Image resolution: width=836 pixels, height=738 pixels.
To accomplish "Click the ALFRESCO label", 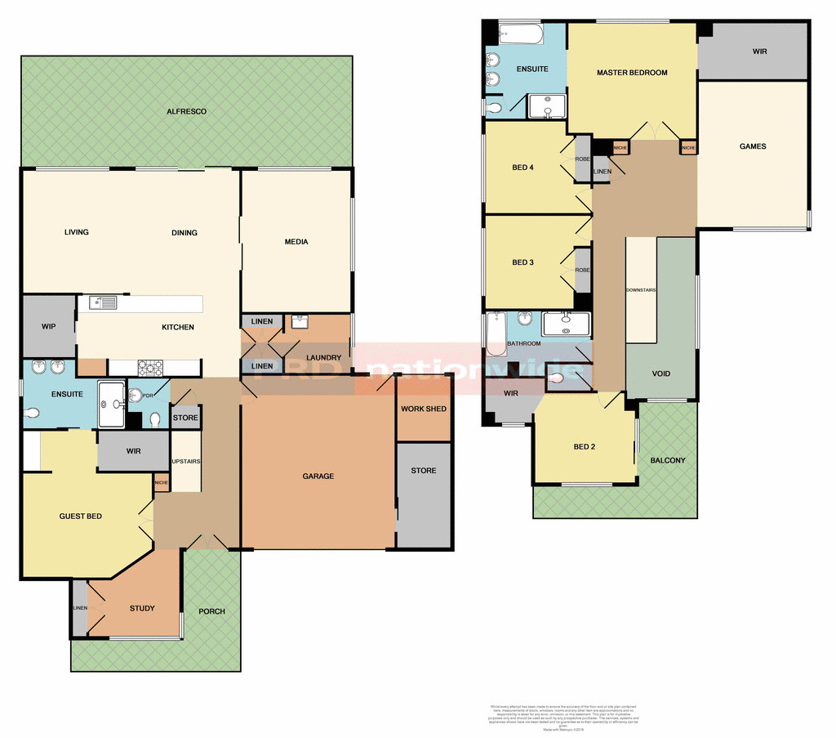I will tap(186, 111).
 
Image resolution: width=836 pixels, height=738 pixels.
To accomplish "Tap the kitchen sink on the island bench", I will tap(103, 302).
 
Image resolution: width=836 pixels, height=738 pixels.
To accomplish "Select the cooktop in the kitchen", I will tap(149, 368).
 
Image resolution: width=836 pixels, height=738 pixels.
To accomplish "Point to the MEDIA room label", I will tap(296, 242).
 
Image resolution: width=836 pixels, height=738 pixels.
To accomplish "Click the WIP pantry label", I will tap(48, 327).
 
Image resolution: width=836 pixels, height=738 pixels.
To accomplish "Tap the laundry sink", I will tap(298, 320).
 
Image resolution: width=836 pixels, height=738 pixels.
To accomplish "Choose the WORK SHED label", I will tap(423, 409).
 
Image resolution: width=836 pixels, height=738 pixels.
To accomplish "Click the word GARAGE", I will tap(318, 476).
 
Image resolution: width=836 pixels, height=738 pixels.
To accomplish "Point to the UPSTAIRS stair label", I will tap(187, 462).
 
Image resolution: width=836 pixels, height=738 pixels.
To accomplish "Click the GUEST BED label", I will tap(80, 517).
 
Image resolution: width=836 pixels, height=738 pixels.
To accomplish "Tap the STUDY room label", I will tap(142, 608).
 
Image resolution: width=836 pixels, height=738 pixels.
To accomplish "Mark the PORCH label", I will tap(211, 611).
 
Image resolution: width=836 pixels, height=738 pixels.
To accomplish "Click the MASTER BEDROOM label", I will tap(632, 73).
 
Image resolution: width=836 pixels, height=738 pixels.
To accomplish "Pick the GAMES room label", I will tap(752, 147).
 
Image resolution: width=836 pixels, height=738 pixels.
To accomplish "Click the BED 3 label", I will tap(522, 262).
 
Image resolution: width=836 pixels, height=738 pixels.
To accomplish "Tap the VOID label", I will tap(661, 373).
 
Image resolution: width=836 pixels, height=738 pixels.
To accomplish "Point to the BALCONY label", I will tap(668, 461).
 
